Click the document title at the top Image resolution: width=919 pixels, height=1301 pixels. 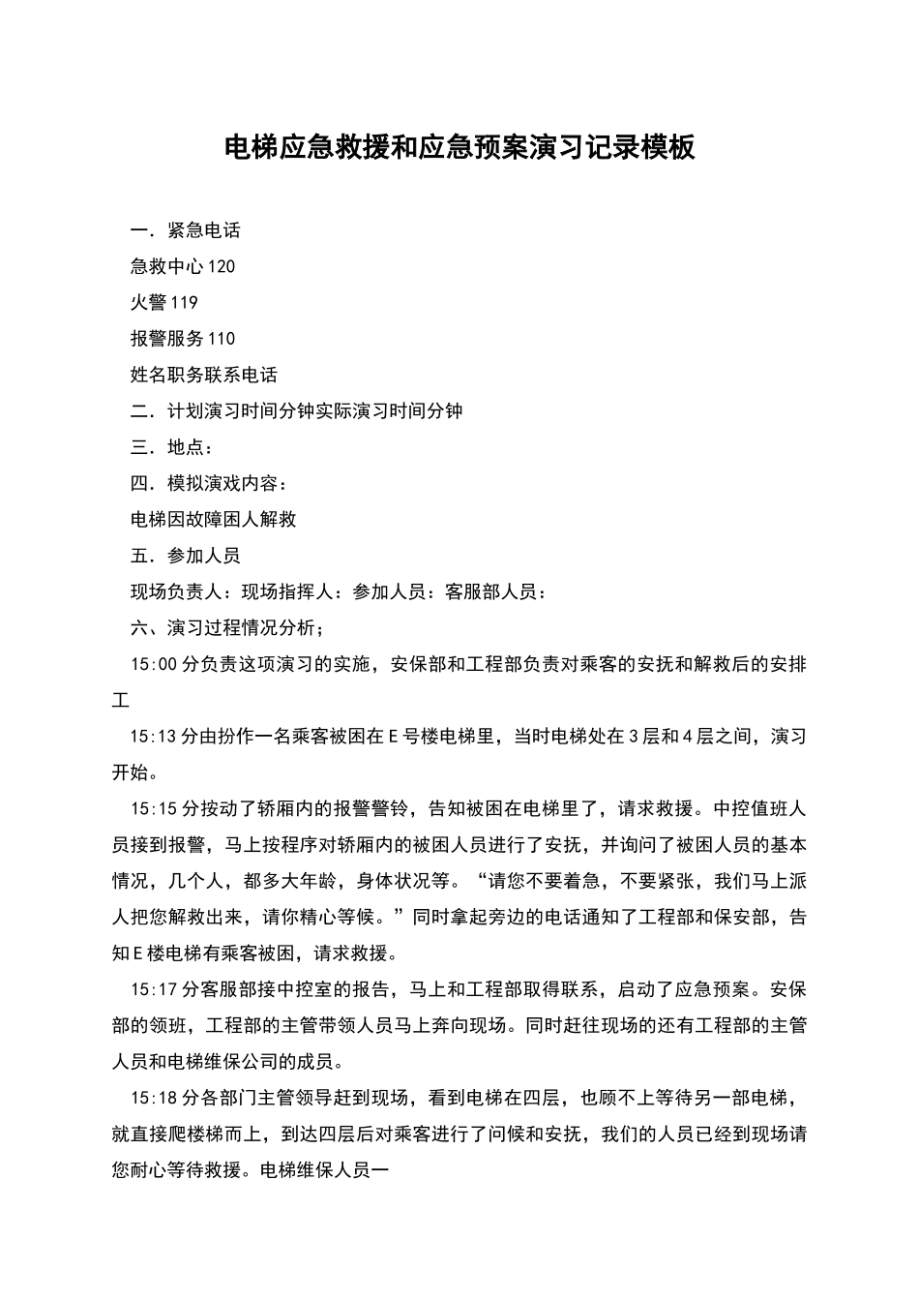(x=459, y=148)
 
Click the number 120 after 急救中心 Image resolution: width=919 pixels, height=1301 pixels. (x=222, y=266)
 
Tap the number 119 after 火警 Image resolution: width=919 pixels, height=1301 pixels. (x=184, y=303)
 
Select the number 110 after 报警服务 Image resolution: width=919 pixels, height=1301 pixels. (x=222, y=339)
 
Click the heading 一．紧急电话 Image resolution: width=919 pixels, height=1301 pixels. (x=185, y=230)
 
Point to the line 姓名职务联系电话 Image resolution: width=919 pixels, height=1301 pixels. (x=203, y=375)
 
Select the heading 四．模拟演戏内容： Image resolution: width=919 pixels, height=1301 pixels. (x=208, y=483)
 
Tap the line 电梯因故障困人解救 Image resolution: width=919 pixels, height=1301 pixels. (x=213, y=519)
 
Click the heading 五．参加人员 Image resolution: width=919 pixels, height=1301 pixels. (x=185, y=556)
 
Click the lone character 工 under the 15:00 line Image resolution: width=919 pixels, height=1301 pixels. (x=120, y=700)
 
